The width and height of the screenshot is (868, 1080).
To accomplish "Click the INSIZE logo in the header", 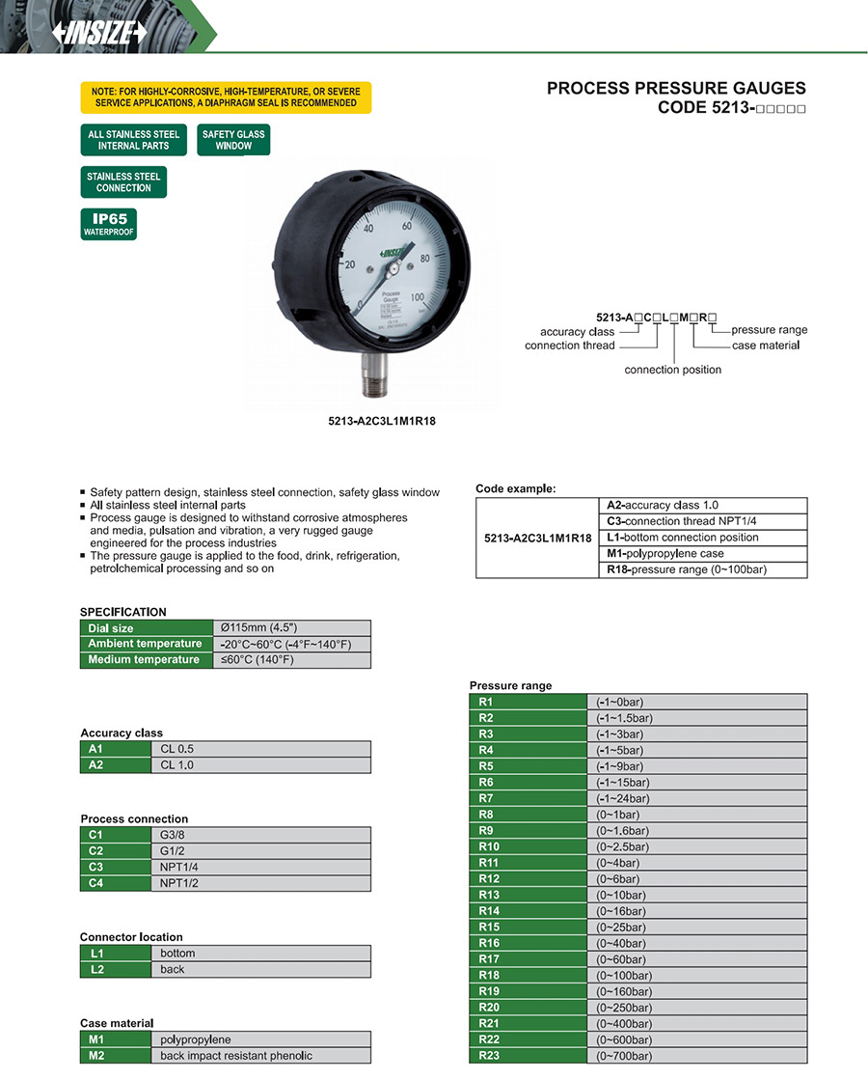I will [x=99, y=33].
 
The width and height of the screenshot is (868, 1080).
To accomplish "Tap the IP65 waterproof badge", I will [x=109, y=224].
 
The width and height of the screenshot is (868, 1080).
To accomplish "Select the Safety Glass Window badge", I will [x=233, y=140].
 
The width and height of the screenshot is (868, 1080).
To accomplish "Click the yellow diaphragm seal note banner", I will [x=225, y=97].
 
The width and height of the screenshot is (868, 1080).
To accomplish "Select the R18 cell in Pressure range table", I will [x=528, y=975].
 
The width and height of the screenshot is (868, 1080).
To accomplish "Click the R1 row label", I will [x=528, y=702].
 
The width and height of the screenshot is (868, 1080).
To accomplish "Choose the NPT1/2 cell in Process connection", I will [x=259, y=883].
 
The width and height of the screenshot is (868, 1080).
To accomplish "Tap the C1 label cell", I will [x=115, y=834].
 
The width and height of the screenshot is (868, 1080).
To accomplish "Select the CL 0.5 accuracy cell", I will [x=259, y=749].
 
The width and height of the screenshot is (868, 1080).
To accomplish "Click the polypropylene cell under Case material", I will [x=259, y=1039].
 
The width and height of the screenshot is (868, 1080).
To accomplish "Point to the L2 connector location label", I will [x=115, y=969].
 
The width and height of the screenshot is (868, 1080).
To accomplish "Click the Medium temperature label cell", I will [x=145, y=660].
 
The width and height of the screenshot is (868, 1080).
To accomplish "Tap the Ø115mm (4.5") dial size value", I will [x=291, y=628].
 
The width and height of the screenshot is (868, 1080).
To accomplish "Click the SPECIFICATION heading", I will [x=123, y=612].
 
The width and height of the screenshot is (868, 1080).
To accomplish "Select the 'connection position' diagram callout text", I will [x=672, y=370].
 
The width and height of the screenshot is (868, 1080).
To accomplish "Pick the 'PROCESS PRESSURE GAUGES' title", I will [x=676, y=88].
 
